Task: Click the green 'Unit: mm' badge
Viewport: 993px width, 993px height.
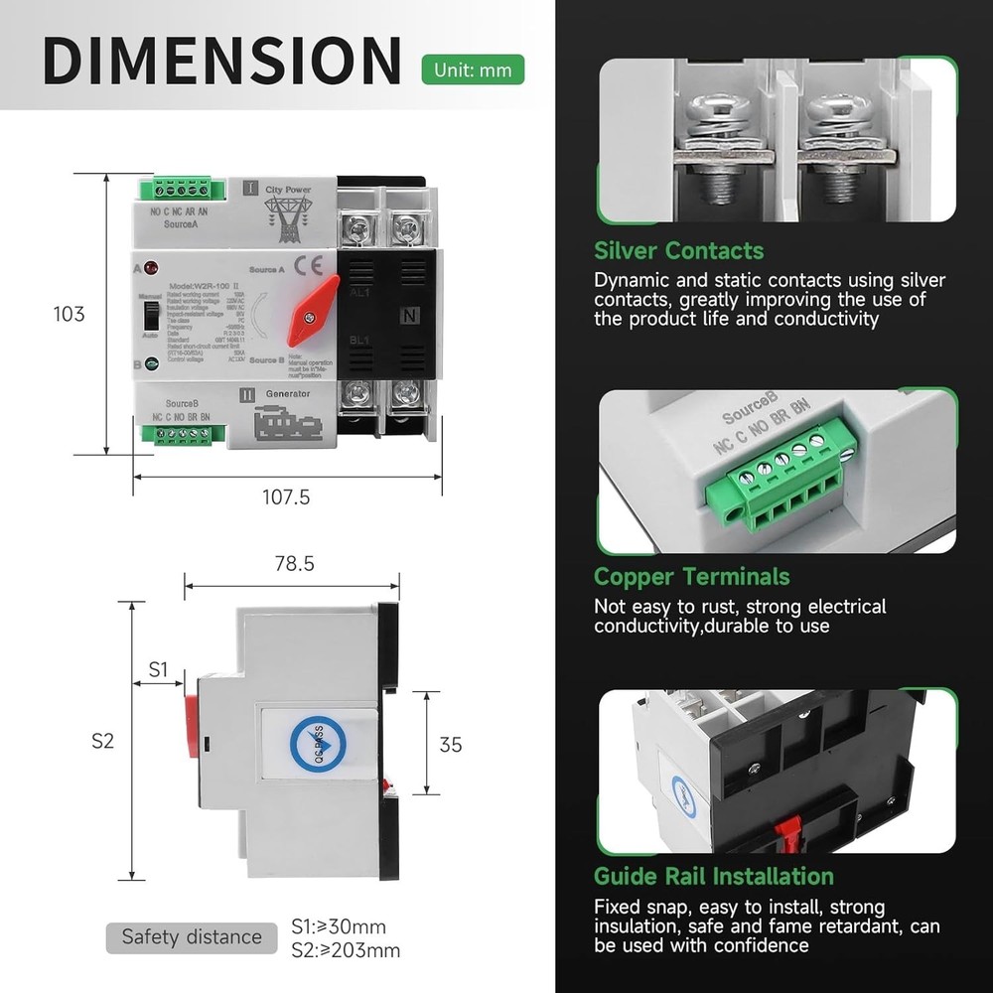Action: (x=473, y=71)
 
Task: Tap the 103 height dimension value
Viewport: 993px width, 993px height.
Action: (x=69, y=314)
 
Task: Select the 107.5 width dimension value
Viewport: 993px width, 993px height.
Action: (x=286, y=497)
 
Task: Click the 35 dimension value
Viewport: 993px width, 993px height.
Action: (x=451, y=744)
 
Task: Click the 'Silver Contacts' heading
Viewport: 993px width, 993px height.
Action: (x=678, y=250)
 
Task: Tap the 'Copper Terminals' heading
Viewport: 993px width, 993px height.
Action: (x=691, y=577)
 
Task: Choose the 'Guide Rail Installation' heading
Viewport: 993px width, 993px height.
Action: (x=713, y=876)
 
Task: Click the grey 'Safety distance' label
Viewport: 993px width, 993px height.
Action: (x=192, y=936)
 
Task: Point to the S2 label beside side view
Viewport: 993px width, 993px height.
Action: (x=103, y=741)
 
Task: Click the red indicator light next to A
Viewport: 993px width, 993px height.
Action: (x=151, y=268)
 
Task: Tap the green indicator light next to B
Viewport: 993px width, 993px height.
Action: (x=151, y=364)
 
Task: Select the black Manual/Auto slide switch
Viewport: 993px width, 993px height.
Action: (x=151, y=316)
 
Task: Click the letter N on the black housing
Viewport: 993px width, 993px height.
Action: (x=407, y=317)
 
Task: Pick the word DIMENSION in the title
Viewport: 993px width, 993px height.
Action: (x=222, y=61)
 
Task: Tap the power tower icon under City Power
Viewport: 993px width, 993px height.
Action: (x=287, y=216)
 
